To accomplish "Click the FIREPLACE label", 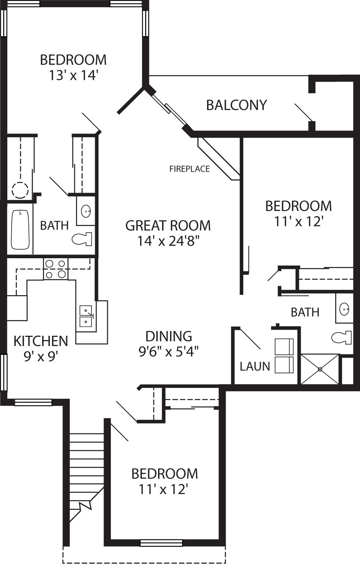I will click(190, 169).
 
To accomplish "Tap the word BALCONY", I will click(236, 105).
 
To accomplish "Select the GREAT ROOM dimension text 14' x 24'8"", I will click(168, 241).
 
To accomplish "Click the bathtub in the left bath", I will click(20, 229).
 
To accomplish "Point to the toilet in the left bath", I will click(82, 239).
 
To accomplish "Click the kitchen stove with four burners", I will click(56, 269).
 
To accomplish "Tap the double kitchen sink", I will click(86, 316).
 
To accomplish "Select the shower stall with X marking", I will click(320, 369).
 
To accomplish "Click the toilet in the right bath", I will click(342, 337).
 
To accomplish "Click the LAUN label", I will click(255, 366).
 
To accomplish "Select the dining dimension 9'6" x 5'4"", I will click(168, 351).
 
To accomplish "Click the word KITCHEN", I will click(41, 341).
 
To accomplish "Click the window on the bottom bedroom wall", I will click(161, 543).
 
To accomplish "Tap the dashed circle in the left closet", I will click(20, 190).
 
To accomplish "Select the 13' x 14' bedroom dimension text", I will click(73, 75).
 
